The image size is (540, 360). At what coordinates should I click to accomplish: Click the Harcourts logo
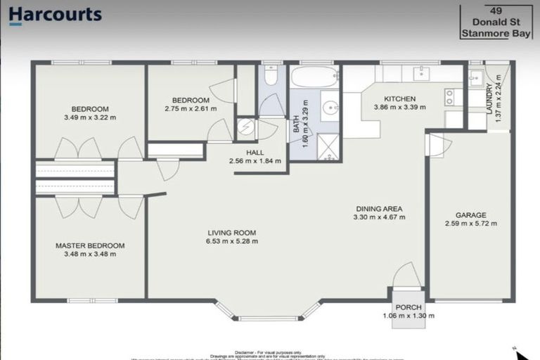click(56, 15)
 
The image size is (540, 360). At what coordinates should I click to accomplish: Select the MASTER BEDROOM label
click(90, 245)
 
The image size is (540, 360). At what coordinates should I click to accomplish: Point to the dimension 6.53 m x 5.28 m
click(231, 241)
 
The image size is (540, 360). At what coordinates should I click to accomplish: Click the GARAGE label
click(470, 215)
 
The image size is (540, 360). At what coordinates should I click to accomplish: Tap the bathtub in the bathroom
click(314, 77)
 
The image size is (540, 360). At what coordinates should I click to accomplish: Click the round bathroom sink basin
click(330, 108)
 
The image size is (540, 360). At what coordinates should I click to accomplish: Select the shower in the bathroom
click(328, 146)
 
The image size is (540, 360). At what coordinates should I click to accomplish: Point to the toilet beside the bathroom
click(271, 76)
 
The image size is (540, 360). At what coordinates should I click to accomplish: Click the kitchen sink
click(422, 72)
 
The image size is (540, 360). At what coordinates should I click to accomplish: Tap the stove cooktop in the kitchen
click(450, 96)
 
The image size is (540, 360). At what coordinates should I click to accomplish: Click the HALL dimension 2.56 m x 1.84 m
click(255, 161)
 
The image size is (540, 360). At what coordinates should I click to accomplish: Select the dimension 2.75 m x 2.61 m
click(190, 108)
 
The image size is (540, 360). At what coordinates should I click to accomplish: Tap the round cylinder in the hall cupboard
click(245, 127)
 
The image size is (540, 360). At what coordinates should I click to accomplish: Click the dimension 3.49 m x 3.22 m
click(90, 117)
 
